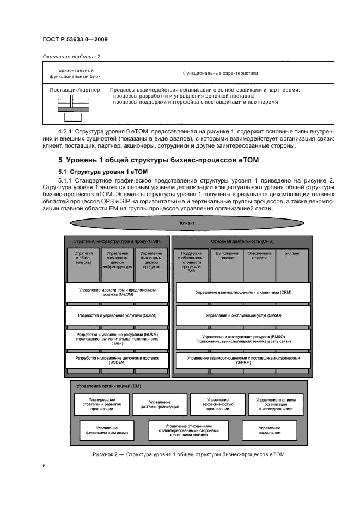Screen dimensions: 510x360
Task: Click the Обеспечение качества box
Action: (260, 262)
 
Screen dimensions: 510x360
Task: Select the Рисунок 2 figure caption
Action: (188, 454)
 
